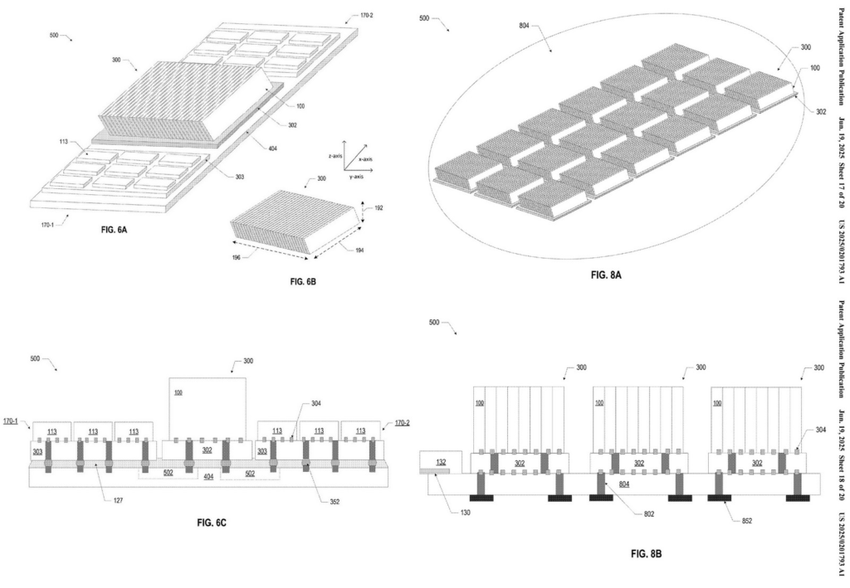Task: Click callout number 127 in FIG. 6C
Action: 120,501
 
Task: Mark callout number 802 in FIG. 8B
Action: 649,513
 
